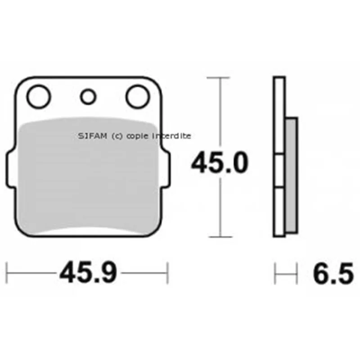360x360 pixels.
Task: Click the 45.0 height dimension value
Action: [220, 163]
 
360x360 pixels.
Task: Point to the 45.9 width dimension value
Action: [88, 273]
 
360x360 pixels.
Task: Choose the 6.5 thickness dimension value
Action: [333, 273]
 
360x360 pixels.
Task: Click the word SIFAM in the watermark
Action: [93, 136]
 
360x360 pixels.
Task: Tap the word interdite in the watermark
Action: [172, 136]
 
